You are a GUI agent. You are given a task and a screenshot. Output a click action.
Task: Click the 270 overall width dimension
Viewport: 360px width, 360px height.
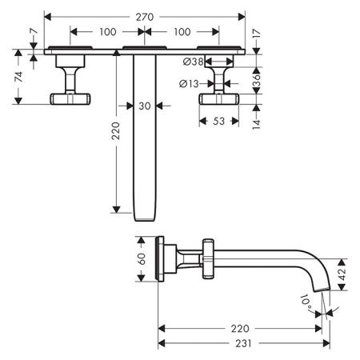[145, 17]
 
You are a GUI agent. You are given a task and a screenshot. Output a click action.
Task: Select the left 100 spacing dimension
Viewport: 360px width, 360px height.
[108, 32]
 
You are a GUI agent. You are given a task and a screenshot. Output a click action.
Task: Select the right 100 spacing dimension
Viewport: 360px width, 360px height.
[182, 32]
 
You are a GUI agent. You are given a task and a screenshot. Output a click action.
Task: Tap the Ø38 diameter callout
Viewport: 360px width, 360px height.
[194, 62]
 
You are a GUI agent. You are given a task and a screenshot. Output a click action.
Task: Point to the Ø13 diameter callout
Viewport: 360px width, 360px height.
[189, 84]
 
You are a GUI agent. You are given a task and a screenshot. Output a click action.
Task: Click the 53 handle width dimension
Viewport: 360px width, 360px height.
[218, 122]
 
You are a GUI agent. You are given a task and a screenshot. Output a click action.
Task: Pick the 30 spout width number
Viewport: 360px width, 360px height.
[145, 106]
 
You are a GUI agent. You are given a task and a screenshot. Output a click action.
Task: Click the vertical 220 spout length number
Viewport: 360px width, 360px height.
[116, 131]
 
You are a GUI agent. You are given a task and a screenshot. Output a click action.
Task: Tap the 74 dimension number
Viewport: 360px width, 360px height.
[18, 77]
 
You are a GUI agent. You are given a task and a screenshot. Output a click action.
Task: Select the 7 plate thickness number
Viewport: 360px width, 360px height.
[34, 31]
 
